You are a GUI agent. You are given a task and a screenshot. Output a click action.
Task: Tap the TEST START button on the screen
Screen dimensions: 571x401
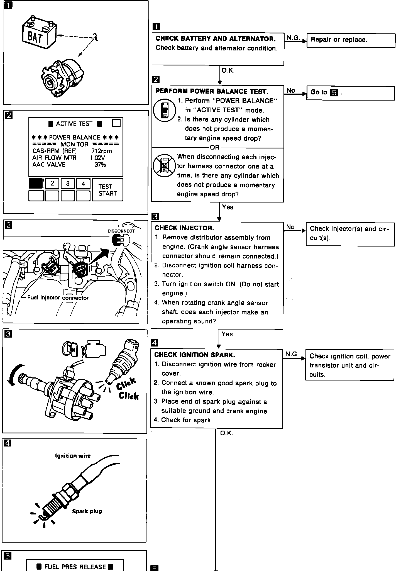[x=107, y=190]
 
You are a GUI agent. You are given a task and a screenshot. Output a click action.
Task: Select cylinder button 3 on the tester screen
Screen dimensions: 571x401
[x=68, y=184]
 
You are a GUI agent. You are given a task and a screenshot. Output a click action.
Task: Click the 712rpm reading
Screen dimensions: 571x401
[x=102, y=151]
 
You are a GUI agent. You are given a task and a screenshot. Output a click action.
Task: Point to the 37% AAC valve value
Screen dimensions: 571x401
[x=100, y=165]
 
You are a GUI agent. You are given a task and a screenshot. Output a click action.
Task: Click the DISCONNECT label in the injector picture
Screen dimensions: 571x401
[x=121, y=231]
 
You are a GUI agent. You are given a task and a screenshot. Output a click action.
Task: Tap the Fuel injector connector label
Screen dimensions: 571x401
[x=58, y=298]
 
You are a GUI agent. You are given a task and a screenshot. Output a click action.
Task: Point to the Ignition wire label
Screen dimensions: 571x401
[x=73, y=456]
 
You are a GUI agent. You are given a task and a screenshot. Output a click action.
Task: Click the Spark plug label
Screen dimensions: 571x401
[x=87, y=511]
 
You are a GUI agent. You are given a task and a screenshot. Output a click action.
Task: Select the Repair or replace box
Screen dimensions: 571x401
[x=351, y=40]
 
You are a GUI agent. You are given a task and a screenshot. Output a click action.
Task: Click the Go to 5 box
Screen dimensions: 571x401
[x=350, y=93]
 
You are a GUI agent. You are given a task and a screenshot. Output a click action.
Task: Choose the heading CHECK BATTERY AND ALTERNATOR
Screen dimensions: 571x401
[x=215, y=38]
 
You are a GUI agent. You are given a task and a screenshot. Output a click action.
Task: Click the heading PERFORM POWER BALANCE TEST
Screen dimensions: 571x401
[x=212, y=91]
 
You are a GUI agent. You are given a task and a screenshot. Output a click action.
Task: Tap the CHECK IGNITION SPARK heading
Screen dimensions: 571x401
[x=194, y=355]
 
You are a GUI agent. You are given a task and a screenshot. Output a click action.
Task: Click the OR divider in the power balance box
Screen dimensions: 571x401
[x=215, y=147]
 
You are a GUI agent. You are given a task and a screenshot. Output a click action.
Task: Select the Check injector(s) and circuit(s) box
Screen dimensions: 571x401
[x=350, y=233]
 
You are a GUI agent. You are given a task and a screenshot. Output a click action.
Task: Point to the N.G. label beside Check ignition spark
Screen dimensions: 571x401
[x=292, y=354]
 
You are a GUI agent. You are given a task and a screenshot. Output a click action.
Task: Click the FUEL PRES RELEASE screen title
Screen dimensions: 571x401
[x=75, y=567]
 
